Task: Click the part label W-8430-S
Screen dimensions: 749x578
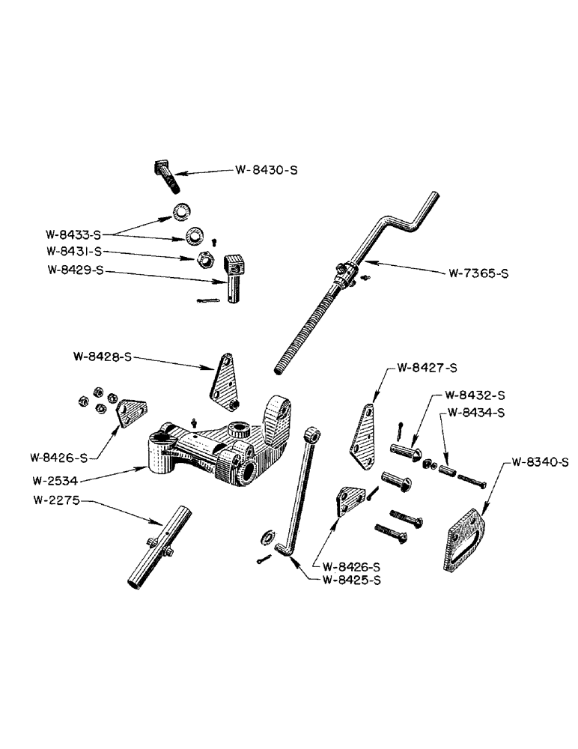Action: coord(267,171)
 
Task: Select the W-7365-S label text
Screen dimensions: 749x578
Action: coord(478,274)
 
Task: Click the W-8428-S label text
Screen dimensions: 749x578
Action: coord(102,357)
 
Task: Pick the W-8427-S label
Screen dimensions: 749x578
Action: coord(425,368)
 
